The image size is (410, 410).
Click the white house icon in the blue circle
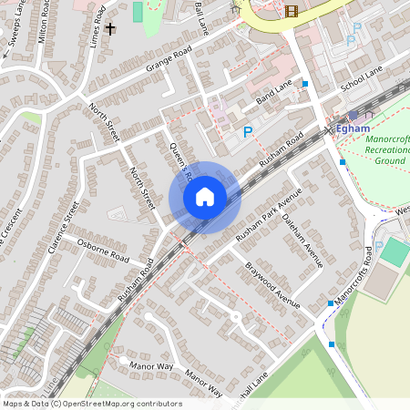(205, 198)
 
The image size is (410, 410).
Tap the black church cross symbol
(111, 29)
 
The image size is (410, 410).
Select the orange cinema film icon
(292, 11)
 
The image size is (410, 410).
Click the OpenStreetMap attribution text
(92, 404)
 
